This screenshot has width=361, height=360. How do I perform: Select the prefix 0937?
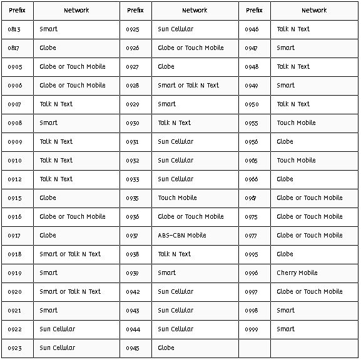133,236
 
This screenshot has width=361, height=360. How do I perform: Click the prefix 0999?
252,329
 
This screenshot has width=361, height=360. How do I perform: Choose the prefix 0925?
133,29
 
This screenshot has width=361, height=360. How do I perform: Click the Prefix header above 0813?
17,11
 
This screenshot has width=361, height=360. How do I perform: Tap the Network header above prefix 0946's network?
314,11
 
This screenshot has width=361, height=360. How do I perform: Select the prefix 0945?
133,348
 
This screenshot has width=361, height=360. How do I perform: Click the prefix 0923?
14,348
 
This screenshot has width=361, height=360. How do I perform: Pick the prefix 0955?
252,123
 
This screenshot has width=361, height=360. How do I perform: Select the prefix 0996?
252,273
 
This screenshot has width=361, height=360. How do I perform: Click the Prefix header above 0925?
135,11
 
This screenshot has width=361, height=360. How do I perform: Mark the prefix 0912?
14,179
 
